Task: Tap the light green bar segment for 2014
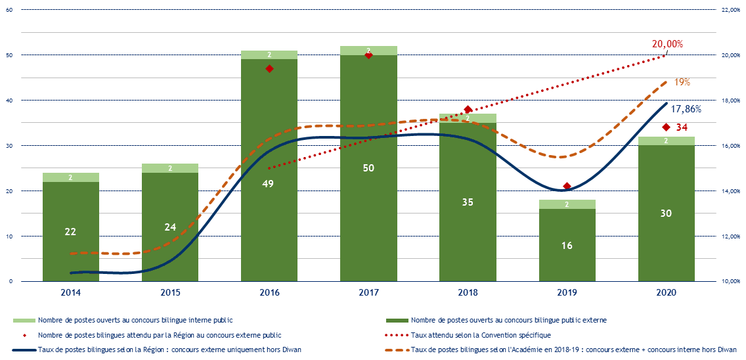tap(70, 177)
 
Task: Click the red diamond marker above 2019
tap(567, 187)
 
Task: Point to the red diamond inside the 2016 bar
tap(269, 68)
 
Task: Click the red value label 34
tap(682, 127)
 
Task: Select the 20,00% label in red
tap(667, 44)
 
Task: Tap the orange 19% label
tap(682, 82)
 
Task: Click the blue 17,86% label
tap(686, 110)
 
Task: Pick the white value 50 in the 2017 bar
tap(368, 168)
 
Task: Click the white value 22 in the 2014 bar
tap(70, 231)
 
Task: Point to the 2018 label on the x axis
tap(468, 292)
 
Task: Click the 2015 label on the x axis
tap(170, 292)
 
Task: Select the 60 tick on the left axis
tap(9, 10)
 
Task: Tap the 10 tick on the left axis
tap(9, 236)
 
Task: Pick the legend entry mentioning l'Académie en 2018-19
tap(571, 349)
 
